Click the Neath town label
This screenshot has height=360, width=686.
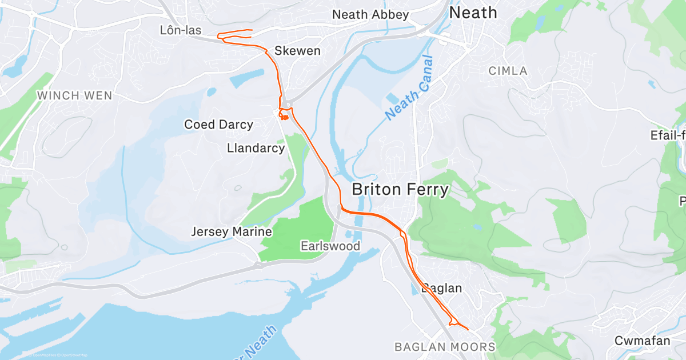pyautogui.click(x=473, y=13)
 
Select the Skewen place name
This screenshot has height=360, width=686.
pyautogui.click(x=297, y=51)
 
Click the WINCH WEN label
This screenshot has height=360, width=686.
pyautogui.click(x=75, y=95)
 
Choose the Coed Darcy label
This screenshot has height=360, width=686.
pyautogui.click(x=218, y=125)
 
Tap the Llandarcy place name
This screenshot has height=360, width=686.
pyautogui.click(x=256, y=148)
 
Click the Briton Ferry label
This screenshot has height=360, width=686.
pyautogui.click(x=400, y=189)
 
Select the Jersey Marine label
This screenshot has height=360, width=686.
pyautogui.click(x=231, y=232)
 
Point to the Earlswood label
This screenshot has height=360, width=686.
pyautogui.click(x=330, y=246)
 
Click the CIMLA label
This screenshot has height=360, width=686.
pyautogui.click(x=508, y=71)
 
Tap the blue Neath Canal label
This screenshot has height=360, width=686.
pyautogui.click(x=410, y=87)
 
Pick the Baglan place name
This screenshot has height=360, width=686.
pyautogui.click(x=442, y=289)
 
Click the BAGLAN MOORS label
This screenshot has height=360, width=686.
pyautogui.click(x=445, y=347)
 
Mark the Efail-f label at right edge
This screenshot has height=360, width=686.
pyautogui.click(x=668, y=135)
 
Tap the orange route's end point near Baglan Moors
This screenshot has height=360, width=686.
pyautogui.click(x=468, y=329)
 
